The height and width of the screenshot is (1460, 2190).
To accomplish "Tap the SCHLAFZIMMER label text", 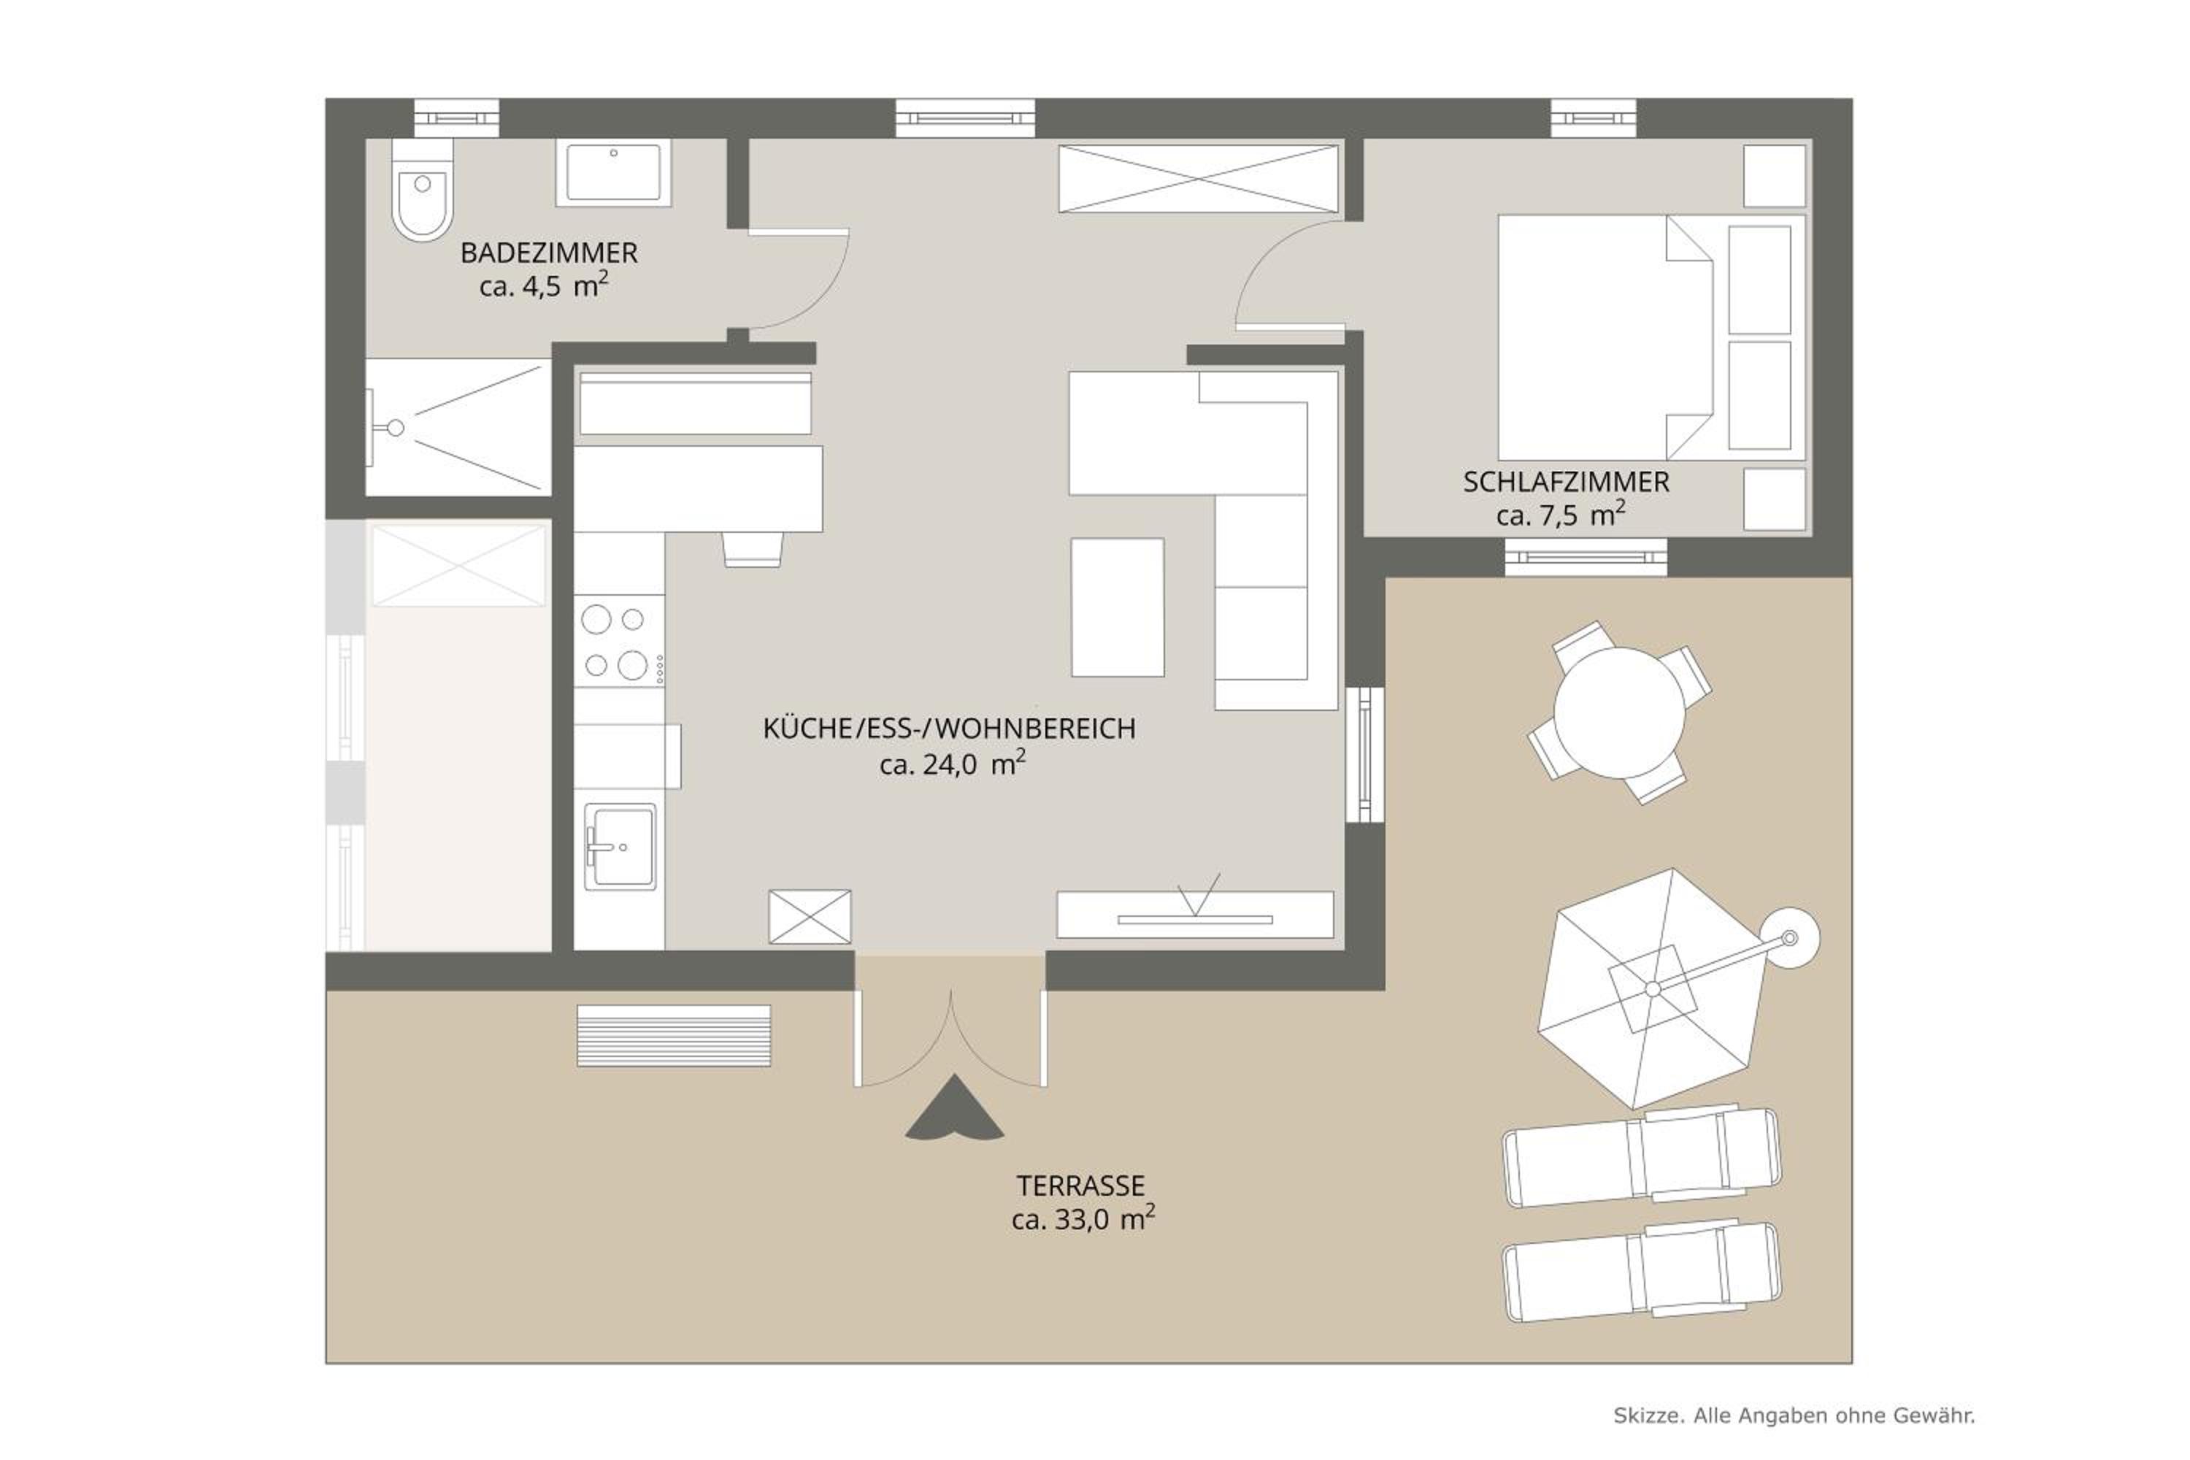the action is [x=1566, y=483].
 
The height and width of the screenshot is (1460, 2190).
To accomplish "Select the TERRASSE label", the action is [x=1081, y=1186].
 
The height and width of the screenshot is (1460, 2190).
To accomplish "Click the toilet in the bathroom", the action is [x=422, y=190].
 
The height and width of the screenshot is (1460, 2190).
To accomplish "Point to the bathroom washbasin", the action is [x=614, y=172].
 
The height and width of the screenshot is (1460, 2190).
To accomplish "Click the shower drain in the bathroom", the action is [x=395, y=429].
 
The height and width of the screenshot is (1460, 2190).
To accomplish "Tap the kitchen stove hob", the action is [x=619, y=642].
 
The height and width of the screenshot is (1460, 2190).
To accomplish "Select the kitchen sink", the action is [x=620, y=846].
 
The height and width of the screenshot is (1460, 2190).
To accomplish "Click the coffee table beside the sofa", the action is [x=1118, y=607].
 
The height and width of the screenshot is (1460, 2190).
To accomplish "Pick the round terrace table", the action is [x=1619, y=712].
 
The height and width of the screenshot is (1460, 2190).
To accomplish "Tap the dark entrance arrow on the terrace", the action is [x=954, y=1110].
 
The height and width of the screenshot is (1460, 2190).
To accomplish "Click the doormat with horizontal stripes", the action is [x=674, y=1035].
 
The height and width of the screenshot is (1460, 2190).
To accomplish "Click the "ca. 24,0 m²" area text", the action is [x=953, y=764].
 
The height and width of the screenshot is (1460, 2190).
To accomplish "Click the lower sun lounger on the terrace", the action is [x=1642, y=1271].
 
